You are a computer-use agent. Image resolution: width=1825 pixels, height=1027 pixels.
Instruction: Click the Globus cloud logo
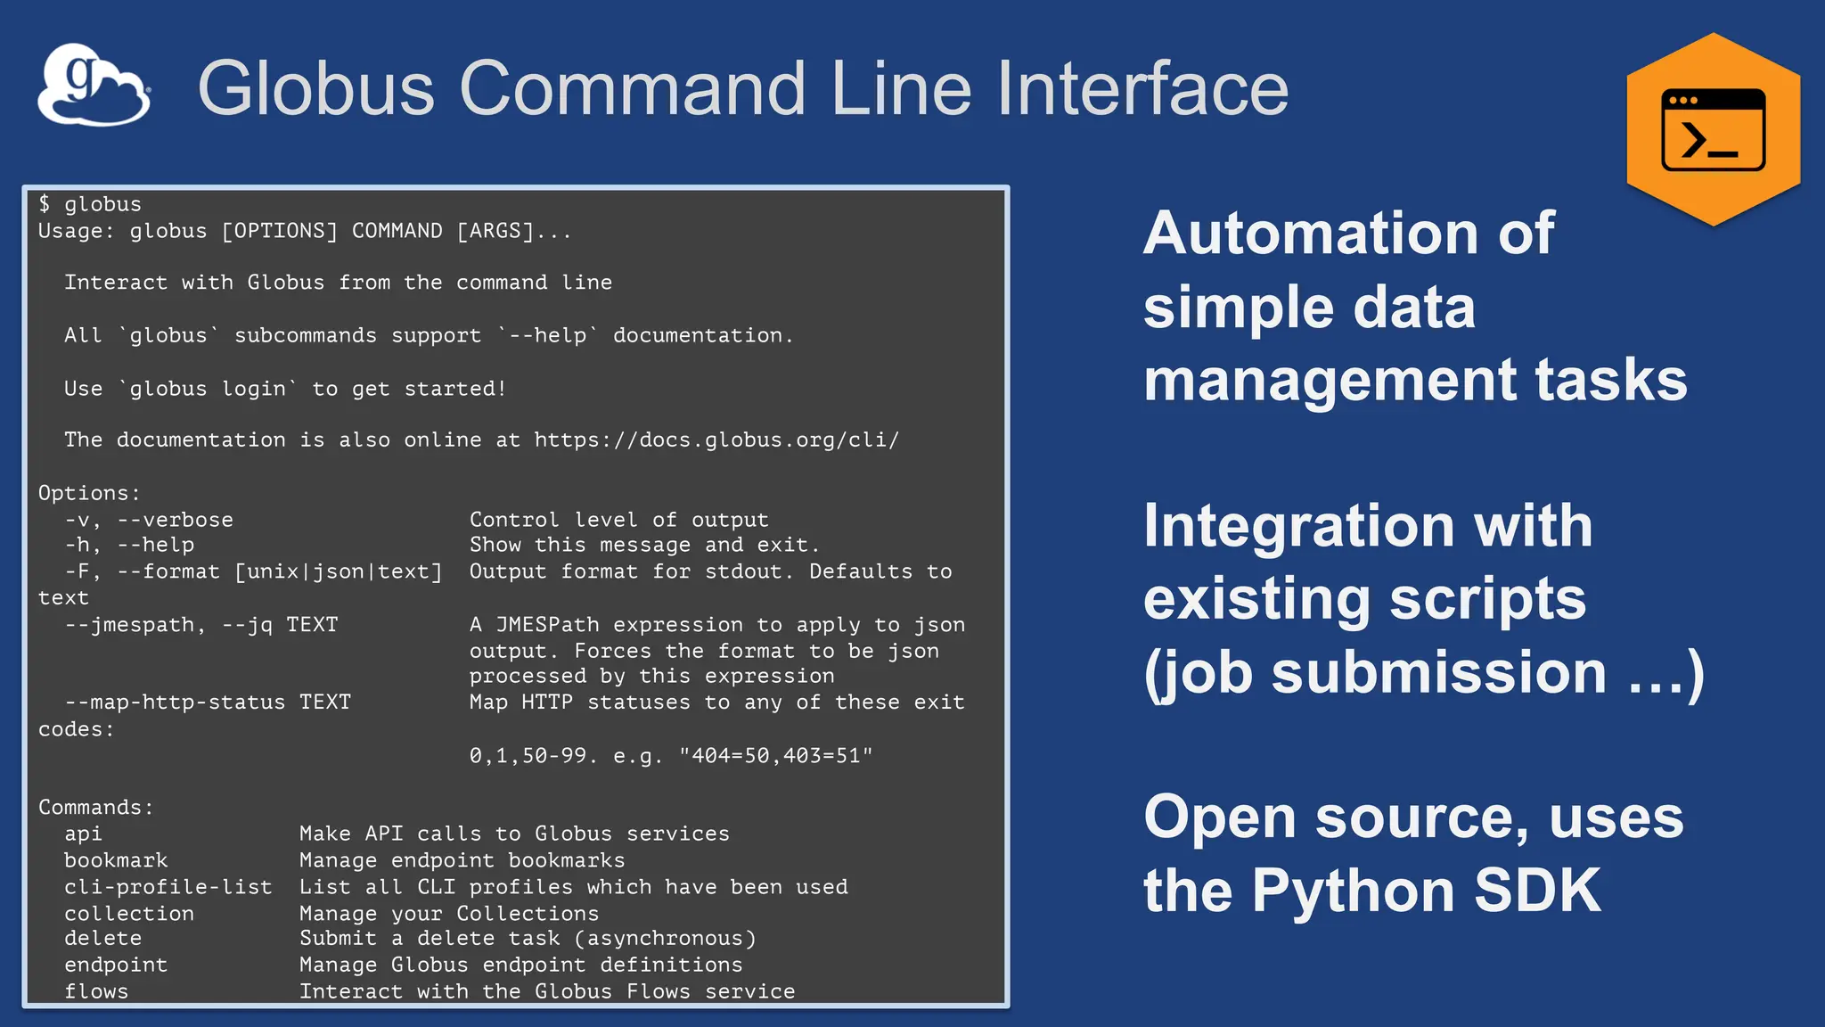pos(94,84)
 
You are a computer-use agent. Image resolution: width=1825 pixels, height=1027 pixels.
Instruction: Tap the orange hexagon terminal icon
pos(1713,129)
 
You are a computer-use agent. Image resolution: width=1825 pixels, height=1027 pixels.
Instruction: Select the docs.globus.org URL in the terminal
pos(716,440)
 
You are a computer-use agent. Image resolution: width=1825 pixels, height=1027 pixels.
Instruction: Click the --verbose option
pos(175,520)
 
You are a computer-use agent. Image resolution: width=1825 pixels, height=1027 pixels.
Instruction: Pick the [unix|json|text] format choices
pos(339,571)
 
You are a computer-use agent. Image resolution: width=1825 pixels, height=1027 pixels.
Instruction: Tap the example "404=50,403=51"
pos(775,756)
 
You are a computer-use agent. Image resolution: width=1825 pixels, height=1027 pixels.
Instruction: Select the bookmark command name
pos(116,860)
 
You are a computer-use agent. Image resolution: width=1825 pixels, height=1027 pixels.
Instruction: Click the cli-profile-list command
pos(168,887)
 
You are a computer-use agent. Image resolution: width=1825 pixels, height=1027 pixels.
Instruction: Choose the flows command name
pos(96,991)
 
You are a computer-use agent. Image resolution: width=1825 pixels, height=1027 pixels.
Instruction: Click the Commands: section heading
pos(96,808)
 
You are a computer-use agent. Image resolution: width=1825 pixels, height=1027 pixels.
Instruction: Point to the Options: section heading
pos(89,493)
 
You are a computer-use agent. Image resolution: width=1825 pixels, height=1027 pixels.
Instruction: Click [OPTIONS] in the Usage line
pos(280,231)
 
